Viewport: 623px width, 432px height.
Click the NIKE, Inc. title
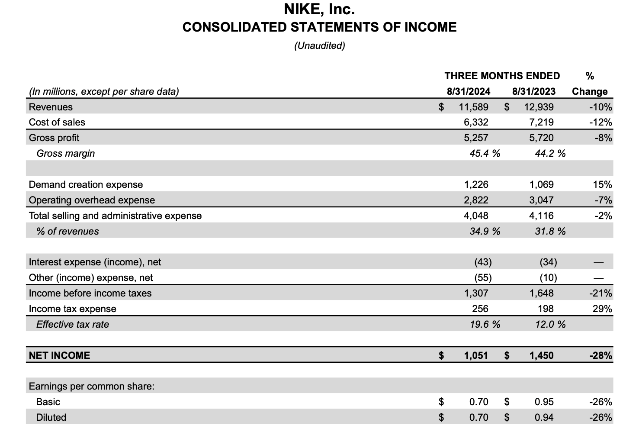point(319,9)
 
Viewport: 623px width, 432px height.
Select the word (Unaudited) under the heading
point(319,45)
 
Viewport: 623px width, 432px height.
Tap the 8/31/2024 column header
point(469,91)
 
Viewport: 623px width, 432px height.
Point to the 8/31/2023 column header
point(533,91)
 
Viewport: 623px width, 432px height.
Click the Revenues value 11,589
point(473,107)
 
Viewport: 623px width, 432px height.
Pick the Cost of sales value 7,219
point(541,122)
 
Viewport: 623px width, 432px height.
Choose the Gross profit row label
point(54,138)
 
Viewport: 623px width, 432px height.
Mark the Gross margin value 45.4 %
point(485,153)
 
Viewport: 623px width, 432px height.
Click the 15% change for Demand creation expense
point(602,184)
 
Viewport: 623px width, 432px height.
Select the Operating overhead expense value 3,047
point(541,200)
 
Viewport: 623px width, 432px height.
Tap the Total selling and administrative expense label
point(115,216)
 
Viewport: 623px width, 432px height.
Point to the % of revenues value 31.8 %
point(550,231)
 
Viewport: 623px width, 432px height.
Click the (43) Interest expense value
point(483,262)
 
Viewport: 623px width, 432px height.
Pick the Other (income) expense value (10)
point(548,277)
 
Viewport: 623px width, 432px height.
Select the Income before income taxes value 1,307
point(476,293)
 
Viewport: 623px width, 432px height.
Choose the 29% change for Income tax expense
point(602,309)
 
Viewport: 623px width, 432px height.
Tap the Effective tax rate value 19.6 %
point(485,324)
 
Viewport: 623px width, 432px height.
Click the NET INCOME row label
point(59,355)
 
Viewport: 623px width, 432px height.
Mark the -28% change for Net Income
point(601,355)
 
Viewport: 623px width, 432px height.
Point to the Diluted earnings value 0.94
point(544,417)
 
